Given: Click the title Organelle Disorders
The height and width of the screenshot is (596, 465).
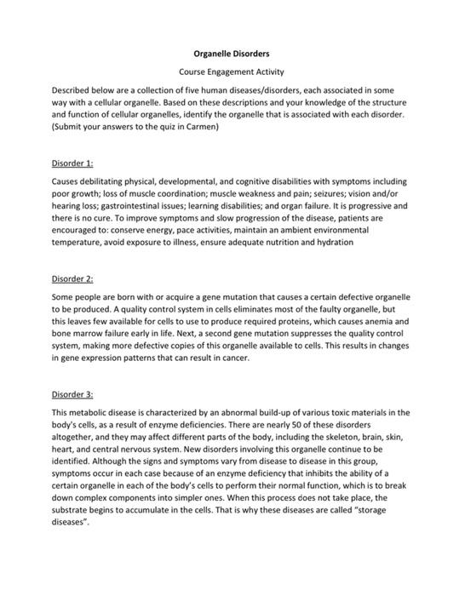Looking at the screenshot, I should tap(232, 54).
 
